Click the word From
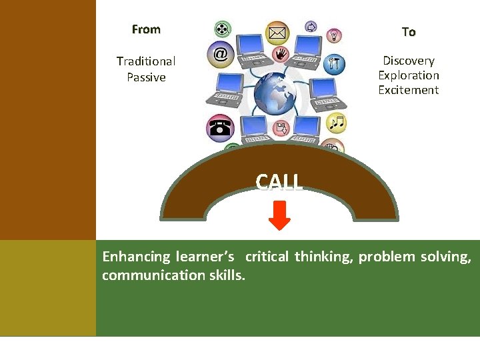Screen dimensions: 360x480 (x=146, y=29)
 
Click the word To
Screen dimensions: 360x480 (x=409, y=32)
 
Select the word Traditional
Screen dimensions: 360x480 (x=146, y=61)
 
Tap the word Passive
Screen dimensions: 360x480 (x=146, y=77)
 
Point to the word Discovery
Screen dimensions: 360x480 (x=409, y=61)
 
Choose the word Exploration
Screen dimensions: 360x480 (x=409, y=75)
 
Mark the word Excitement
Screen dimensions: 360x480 (x=409, y=90)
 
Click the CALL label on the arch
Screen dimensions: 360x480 (x=279, y=181)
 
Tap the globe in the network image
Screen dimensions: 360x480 (x=275, y=94)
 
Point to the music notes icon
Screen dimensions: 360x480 (x=337, y=123)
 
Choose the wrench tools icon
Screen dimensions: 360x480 (x=335, y=64)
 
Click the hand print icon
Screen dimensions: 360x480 (x=281, y=53)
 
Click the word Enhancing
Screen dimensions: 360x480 (x=137, y=257)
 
